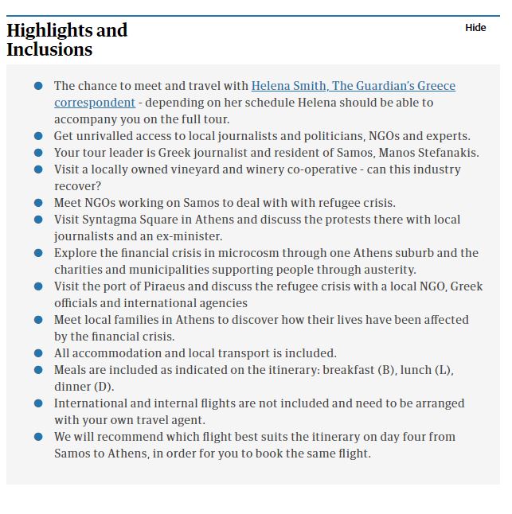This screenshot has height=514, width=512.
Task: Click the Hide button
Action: click(475, 28)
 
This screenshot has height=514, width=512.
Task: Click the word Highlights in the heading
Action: click(49, 30)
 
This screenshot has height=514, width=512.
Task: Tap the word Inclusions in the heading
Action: click(49, 49)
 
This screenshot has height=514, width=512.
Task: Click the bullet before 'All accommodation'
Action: click(38, 353)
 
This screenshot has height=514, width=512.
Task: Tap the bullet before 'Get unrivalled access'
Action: click(38, 136)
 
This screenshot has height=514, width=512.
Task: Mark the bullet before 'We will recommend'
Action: click(38, 437)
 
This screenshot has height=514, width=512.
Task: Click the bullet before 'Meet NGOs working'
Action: click(38, 203)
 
